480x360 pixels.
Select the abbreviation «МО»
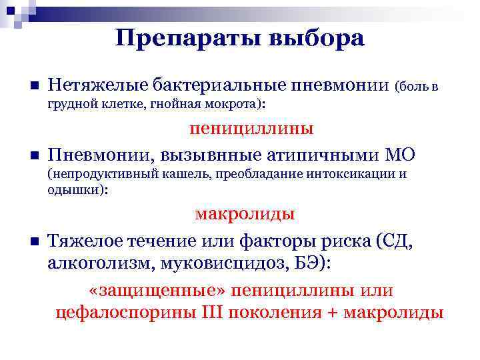[400, 155]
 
